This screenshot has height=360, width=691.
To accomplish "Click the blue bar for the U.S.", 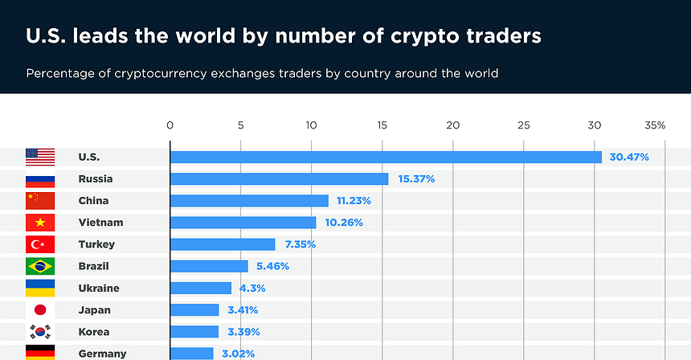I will [386, 157].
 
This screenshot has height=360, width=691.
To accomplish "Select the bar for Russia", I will [279, 178].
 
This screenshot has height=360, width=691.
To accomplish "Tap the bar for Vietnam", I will [243, 222].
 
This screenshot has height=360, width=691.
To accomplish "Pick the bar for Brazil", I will [209, 266].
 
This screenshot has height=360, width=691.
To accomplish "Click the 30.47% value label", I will [629, 157].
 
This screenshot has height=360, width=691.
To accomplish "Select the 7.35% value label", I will [299, 244].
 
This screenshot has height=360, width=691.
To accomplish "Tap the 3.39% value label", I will [243, 331].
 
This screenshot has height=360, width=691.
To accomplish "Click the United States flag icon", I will [40, 157].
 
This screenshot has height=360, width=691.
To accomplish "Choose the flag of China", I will [40, 200].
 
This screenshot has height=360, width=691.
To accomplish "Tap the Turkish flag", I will [40, 244].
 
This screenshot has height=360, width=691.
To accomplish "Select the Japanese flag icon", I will [40, 309].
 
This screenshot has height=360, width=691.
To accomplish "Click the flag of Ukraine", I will [40, 288].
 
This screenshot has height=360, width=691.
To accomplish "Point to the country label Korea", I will [94, 331].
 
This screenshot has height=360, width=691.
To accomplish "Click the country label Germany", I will [102, 353].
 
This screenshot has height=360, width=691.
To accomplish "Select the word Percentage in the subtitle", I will [59, 73].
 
